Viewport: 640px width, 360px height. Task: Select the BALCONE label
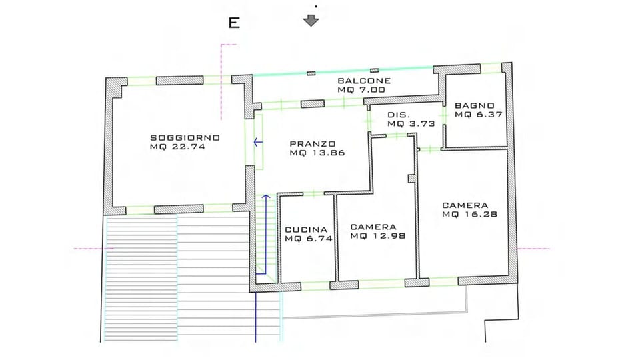pyautogui.click(x=363, y=81)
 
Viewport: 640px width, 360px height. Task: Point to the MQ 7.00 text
pyautogui.click(x=361, y=89)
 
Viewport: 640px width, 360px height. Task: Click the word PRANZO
pyautogui.click(x=312, y=143)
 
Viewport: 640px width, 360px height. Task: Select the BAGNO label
pyautogui.click(x=474, y=105)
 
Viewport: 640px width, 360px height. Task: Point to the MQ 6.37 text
pyautogui.click(x=478, y=114)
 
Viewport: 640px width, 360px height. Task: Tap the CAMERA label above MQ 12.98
pyautogui.click(x=373, y=226)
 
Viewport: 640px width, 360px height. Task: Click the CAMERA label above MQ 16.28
pyautogui.click(x=465, y=205)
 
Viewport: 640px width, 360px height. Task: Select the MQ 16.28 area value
pyautogui.click(x=469, y=215)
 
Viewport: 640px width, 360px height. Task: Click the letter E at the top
pyautogui.click(x=234, y=23)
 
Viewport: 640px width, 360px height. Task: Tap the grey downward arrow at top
pyautogui.click(x=311, y=20)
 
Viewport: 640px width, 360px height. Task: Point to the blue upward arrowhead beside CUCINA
pyautogui.click(x=266, y=197)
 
